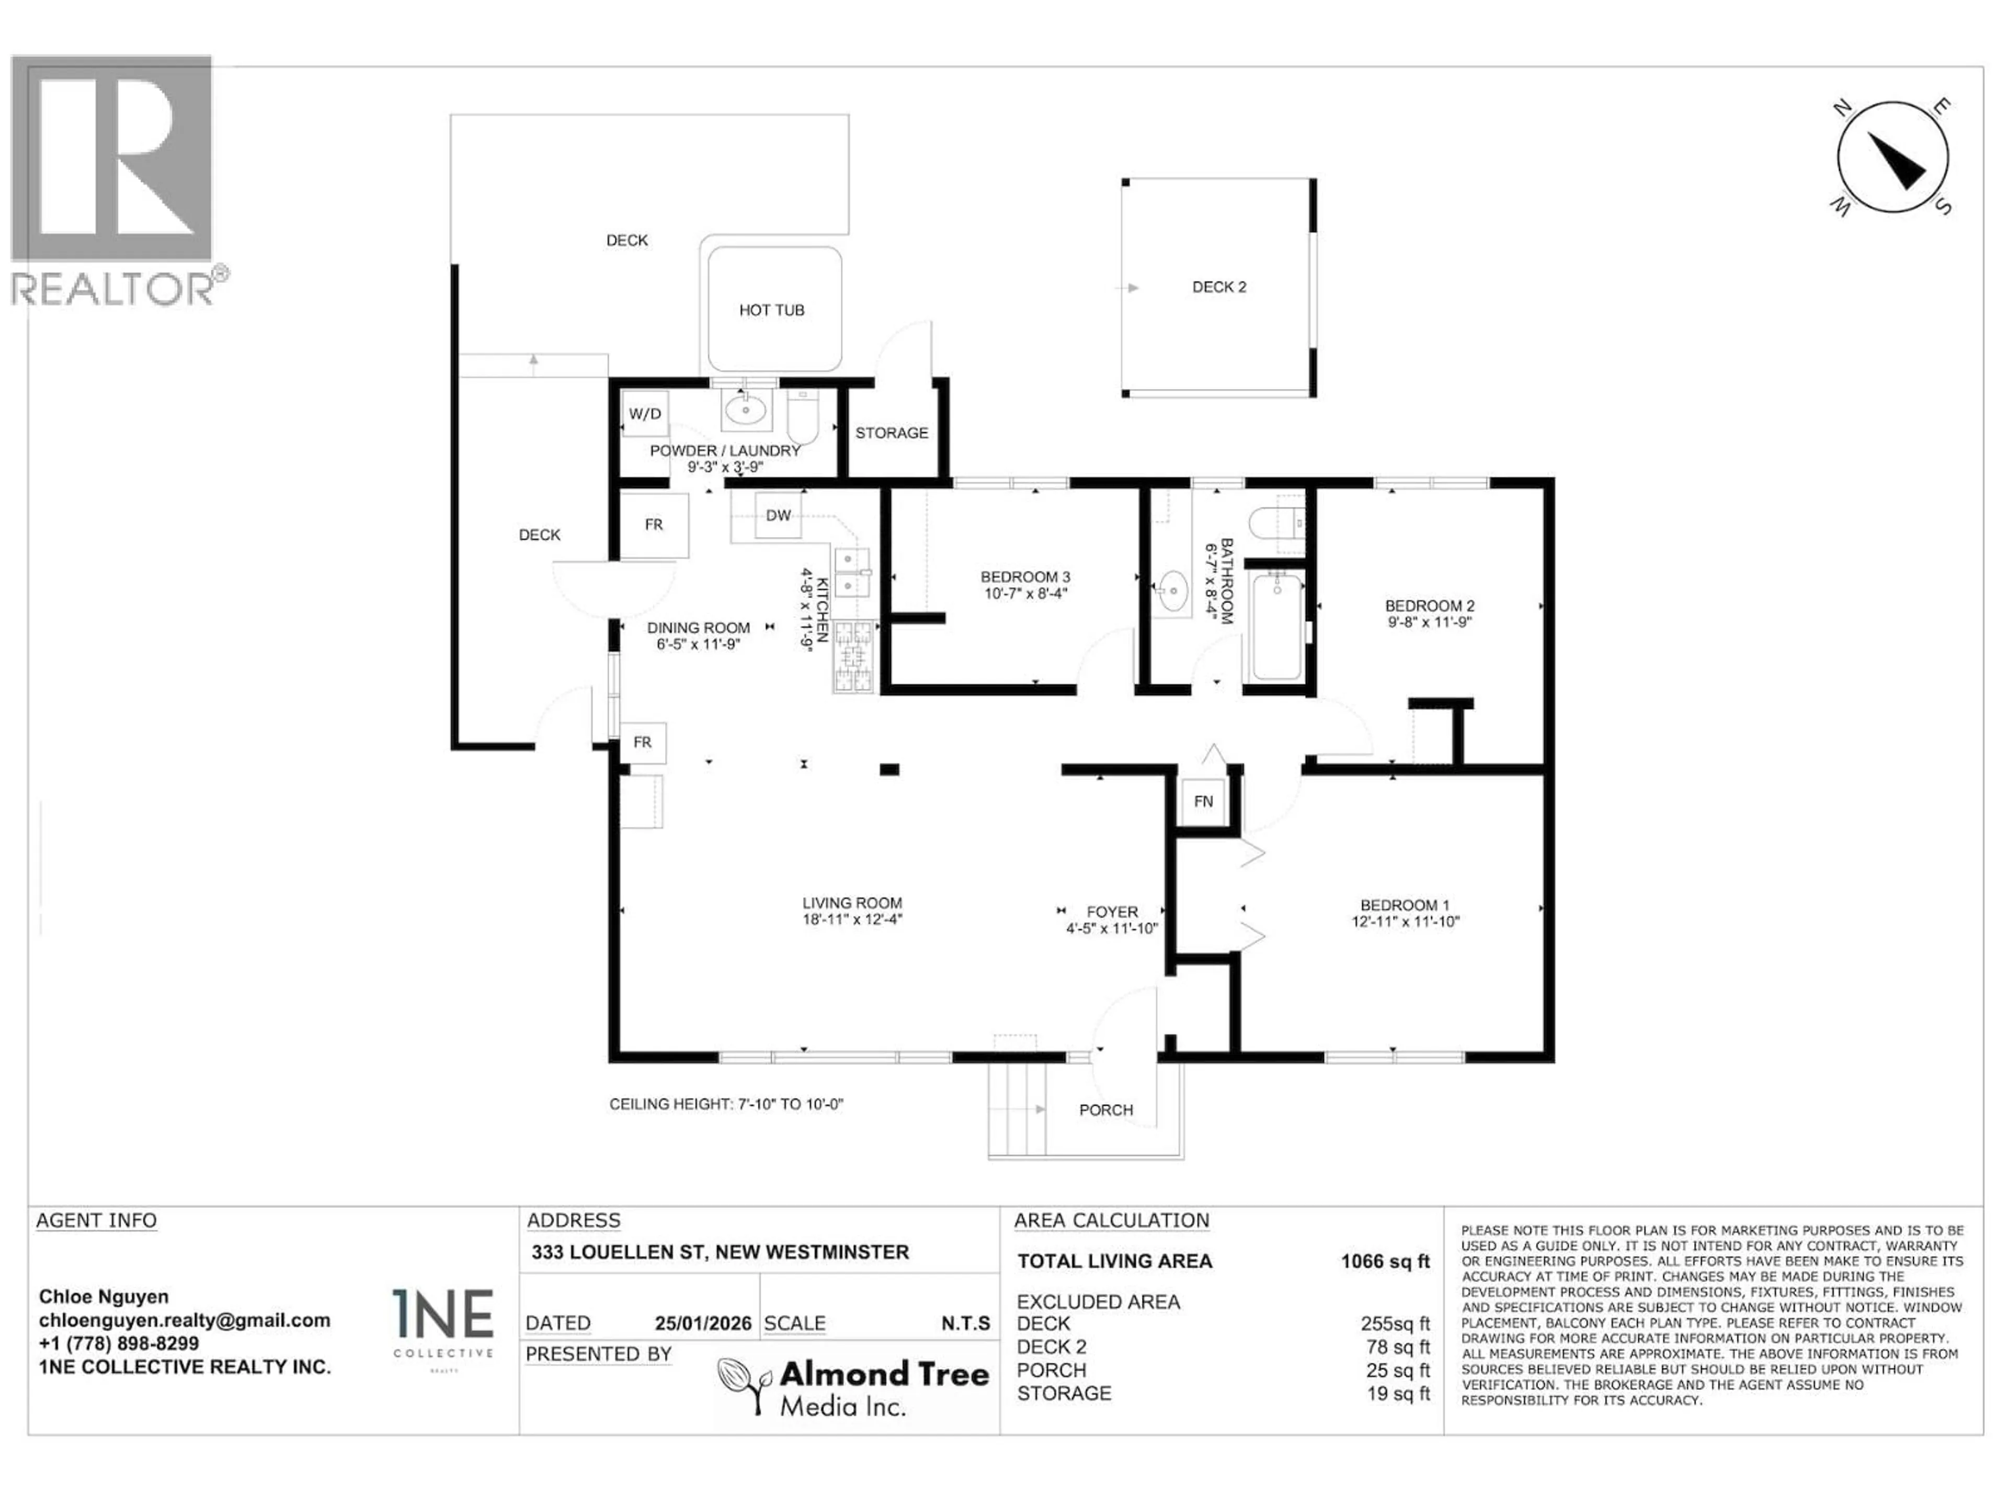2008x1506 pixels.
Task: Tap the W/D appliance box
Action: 645,414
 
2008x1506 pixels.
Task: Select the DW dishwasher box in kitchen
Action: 778,516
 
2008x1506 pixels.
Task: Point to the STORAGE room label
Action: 892,433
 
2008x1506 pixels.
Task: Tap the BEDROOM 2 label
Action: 1429,606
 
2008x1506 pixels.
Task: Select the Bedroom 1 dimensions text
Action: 1405,921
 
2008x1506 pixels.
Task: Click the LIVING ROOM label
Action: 851,903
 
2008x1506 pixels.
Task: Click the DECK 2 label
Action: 1218,287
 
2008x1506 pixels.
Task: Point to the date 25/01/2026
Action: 703,1324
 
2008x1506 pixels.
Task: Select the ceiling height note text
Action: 726,1105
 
